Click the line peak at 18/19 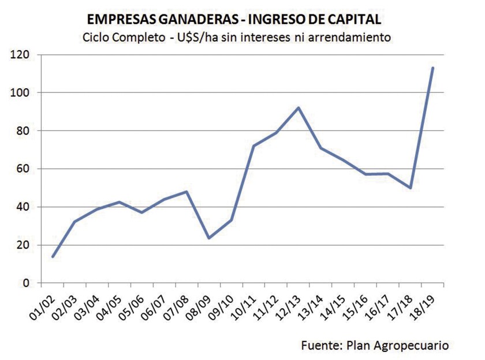[432, 68]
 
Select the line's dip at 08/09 [208, 238]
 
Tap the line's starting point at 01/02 [52, 257]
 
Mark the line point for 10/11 [253, 146]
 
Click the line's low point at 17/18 [411, 187]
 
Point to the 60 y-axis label [24, 169]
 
